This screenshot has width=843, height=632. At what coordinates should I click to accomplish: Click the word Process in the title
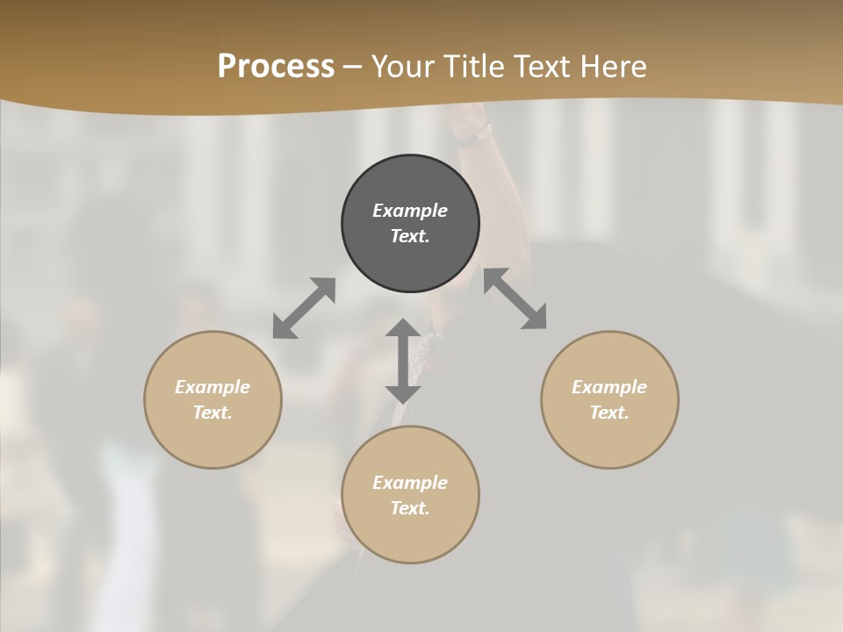(276, 67)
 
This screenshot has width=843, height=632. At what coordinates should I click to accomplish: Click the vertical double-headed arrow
(403, 361)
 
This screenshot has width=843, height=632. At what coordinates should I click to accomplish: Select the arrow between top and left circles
(304, 308)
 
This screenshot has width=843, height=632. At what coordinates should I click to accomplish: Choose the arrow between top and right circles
(515, 298)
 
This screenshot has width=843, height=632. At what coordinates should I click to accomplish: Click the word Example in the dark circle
(410, 211)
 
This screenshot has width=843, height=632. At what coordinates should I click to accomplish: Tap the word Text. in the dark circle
(410, 236)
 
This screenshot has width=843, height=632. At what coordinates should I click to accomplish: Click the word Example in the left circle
(213, 387)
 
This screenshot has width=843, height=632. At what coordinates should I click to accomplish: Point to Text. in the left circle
(213, 413)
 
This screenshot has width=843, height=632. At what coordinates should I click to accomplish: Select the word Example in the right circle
(609, 387)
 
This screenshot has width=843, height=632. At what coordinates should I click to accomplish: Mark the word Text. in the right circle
(609, 413)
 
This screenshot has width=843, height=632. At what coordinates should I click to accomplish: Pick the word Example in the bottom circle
(410, 483)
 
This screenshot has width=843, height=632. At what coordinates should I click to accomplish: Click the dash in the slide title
(353, 67)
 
